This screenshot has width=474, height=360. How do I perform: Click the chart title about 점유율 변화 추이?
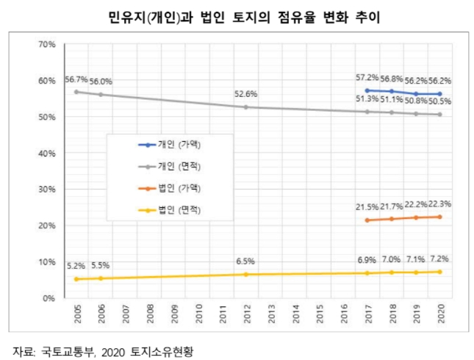(x=237, y=16)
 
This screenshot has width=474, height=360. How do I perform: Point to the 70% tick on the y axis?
(x=46, y=45)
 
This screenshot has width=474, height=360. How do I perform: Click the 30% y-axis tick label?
(x=46, y=190)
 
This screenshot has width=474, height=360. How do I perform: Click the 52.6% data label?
(x=245, y=94)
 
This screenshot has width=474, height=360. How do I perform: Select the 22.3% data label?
(x=439, y=204)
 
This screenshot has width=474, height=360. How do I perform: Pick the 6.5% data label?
(x=245, y=262)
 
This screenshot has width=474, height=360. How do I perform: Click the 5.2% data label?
(x=76, y=266)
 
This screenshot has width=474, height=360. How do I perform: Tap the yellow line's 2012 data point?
(x=245, y=275)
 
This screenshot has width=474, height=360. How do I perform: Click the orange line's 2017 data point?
(x=367, y=220)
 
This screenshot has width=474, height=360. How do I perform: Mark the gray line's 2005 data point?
(x=76, y=92)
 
